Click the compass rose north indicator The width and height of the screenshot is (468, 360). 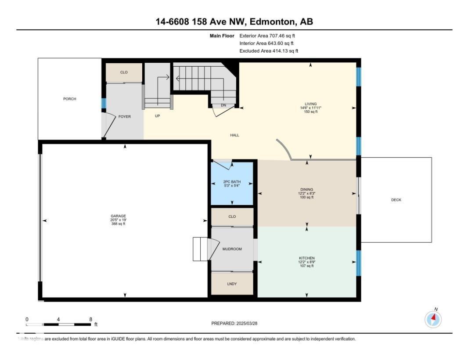(433, 319)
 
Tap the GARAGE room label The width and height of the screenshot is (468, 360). (119, 216)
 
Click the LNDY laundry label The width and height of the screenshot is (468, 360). (232, 284)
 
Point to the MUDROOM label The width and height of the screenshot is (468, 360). (232, 249)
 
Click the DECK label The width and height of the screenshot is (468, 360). (396, 200)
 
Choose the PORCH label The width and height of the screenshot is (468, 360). (69, 99)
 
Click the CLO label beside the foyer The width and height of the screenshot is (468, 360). (124, 72)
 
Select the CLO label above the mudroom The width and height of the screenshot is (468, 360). (232, 217)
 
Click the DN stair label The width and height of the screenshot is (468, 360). (223, 105)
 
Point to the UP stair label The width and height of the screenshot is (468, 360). (157, 116)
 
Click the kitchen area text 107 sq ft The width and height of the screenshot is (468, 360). (306, 266)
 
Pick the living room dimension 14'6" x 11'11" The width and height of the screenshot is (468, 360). (310, 108)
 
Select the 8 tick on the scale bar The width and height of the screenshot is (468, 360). (90, 320)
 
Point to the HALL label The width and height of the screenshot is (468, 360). (235, 135)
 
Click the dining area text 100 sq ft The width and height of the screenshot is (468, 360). (306, 198)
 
